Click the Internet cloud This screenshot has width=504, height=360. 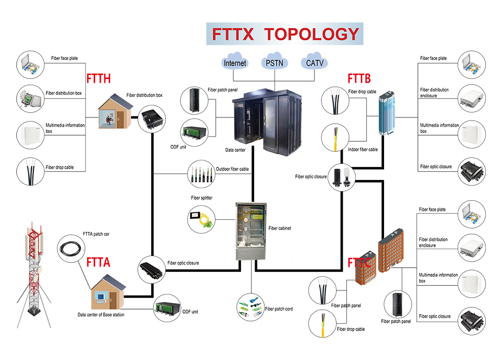[235, 63]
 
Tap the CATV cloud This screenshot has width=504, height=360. [314, 63]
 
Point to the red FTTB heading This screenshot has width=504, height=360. [359, 78]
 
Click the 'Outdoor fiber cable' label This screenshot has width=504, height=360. [232, 169]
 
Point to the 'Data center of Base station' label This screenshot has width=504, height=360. [101, 315]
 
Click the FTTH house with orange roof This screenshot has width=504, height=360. [114, 113]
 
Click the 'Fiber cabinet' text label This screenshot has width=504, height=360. [280, 228]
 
